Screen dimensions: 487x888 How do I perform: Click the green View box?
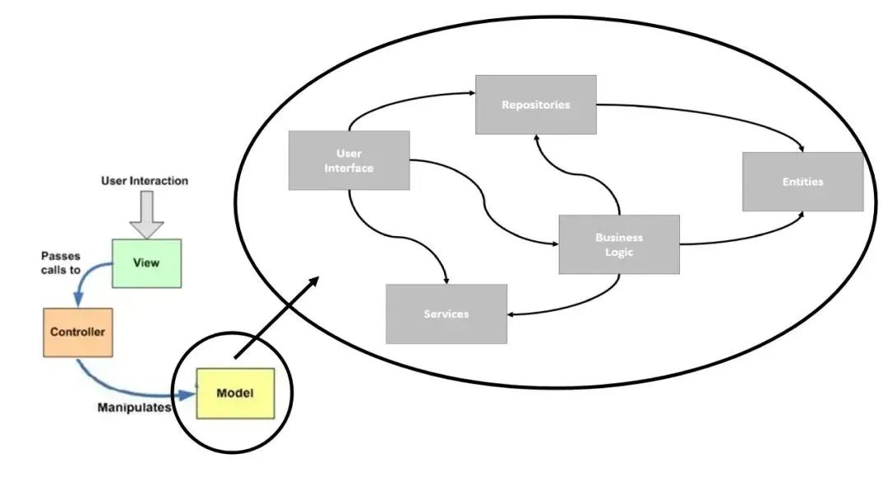click(146, 262)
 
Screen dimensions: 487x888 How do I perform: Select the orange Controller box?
click(77, 332)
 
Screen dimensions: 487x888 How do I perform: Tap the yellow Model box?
click(235, 393)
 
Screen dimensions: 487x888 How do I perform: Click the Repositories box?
click(535, 104)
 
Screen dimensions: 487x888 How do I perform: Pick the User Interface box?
click(349, 160)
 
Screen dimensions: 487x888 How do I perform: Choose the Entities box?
click(802, 182)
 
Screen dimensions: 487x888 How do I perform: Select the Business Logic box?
click(619, 244)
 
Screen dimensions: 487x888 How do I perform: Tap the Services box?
click(446, 314)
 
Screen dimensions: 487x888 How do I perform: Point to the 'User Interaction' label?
click(145, 181)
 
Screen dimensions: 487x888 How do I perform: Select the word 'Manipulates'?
click(134, 407)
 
